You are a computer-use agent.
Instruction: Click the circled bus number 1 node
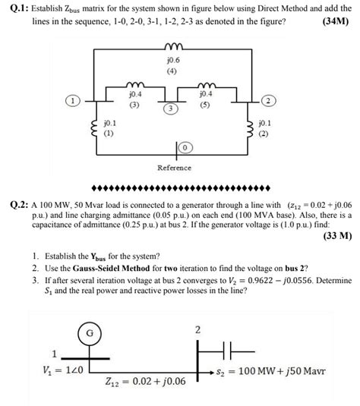pos(72,100)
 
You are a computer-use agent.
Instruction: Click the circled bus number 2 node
pos(268,100)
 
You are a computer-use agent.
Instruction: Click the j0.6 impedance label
pos(172,60)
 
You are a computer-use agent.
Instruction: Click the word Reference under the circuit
pos(174,167)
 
